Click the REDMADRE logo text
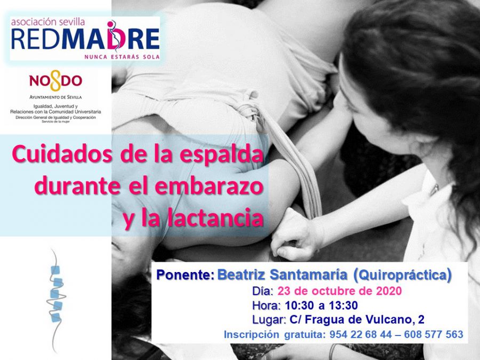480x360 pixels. [85, 38]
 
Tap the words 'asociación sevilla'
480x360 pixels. [48, 22]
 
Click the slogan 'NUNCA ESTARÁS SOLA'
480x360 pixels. [122, 57]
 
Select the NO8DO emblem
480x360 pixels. [55, 81]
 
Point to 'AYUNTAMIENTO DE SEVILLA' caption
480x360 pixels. [55, 97]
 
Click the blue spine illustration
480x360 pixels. [56, 300]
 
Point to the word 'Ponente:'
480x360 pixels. [185, 275]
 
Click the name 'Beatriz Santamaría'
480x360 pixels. [282, 275]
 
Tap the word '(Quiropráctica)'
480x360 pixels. [402, 275]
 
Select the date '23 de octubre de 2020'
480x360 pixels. [340, 291]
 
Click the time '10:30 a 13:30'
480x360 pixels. [321, 305]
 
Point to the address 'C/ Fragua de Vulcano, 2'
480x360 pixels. [357, 319]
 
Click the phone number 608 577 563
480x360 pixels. [434, 334]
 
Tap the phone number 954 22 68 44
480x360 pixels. [361, 334]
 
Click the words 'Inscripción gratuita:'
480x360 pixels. [274, 334]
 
